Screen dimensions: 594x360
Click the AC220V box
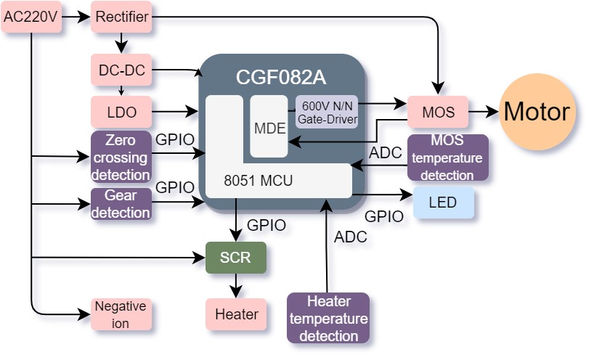[31, 17]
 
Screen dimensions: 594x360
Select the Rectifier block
[121, 17]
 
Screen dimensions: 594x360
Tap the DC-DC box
[121, 70]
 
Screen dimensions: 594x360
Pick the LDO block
[121, 112]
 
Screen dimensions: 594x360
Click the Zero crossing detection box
[121, 157]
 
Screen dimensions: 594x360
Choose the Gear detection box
[121, 204]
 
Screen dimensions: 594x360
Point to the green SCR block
[235, 258]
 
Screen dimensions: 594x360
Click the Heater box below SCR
[235, 314]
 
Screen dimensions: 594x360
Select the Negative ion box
[121, 314]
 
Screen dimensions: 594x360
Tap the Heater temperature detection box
[328, 318]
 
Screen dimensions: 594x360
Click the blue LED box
[443, 202]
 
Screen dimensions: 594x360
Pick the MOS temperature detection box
[448, 157]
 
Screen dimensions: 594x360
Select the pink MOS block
[438, 112]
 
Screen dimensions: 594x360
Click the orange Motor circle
[537, 112]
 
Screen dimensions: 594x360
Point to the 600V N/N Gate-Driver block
[327, 112]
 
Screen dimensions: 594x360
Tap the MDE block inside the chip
[269, 126]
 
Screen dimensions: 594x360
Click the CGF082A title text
[281, 78]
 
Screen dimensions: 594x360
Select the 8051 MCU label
[259, 181]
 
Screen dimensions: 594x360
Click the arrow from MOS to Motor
[484, 112]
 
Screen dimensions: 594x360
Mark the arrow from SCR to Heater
[235, 286]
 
